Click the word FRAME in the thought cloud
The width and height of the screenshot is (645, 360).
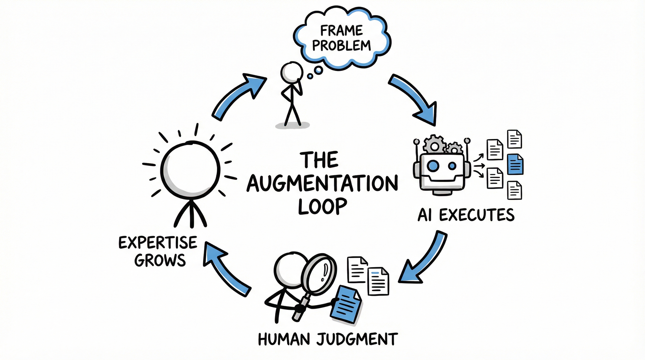pos(341,31)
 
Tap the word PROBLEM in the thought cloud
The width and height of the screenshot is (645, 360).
pos(341,45)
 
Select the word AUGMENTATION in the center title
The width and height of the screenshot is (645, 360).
pos(322,184)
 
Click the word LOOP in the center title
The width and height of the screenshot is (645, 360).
pos(322,206)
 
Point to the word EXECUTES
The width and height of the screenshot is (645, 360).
pos(477,215)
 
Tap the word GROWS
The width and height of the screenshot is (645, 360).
pos(160,260)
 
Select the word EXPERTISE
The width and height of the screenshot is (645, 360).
pos(158,243)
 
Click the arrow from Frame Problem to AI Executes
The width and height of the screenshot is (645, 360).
pos(414,98)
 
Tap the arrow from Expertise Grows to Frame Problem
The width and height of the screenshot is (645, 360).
pos(239,95)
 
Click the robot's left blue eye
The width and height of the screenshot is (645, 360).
pos(433,166)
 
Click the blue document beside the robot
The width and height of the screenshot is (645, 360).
pos(515,164)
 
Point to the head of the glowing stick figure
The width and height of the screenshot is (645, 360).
pos(190,170)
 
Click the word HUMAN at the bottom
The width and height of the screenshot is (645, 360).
pos(284,339)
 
